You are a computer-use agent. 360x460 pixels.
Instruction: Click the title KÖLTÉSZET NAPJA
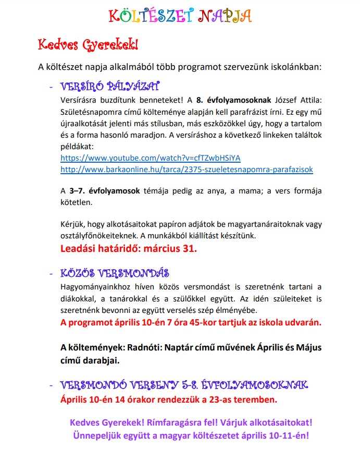pyautogui.click(x=180, y=16)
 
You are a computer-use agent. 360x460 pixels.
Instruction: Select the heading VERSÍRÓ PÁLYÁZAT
pyautogui.click(x=110, y=86)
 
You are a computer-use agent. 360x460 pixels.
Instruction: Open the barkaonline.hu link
pyautogui.click(x=187, y=169)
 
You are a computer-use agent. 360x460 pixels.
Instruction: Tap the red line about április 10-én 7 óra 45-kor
pyautogui.click(x=191, y=322)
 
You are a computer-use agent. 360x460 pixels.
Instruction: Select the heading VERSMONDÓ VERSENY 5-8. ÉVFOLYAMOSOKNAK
pyautogui.click(x=184, y=385)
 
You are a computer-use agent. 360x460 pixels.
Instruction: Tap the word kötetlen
pyautogui.click(x=76, y=202)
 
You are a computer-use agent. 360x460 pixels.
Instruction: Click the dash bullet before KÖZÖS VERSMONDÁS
pyautogui.click(x=51, y=274)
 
